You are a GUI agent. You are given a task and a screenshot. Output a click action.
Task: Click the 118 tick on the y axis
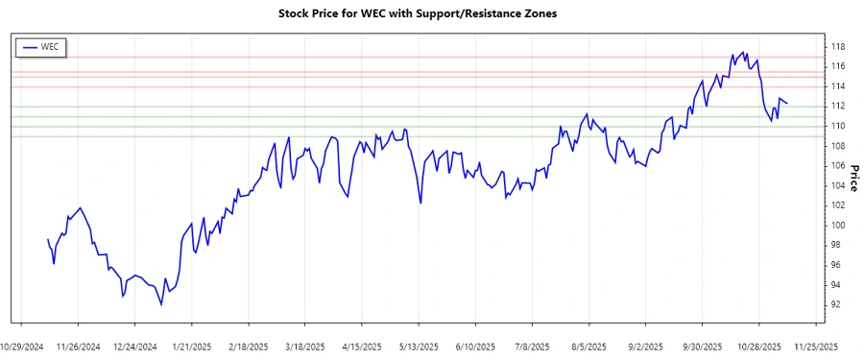tap(838, 46)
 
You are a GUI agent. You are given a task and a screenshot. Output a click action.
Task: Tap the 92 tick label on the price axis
tap(837, 304)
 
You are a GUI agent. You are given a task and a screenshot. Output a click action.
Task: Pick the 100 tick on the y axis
tap(838, 225)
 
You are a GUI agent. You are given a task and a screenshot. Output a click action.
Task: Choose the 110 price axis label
tap(838, 126)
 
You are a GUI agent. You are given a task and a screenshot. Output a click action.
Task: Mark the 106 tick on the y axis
tap(838, 165)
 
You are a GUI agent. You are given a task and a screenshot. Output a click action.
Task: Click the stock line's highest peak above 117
tap(744, 52)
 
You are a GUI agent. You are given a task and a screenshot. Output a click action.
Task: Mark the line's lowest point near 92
tap(161, 305)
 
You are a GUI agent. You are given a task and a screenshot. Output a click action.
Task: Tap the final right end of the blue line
tap(787, 103)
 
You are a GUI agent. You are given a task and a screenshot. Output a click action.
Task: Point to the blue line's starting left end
tap(47, 239)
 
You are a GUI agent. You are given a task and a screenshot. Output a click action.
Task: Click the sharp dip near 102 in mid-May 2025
tap(420, 203)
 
